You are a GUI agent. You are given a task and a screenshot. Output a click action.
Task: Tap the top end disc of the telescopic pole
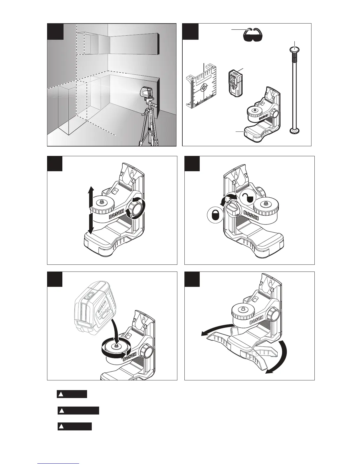pos(294,49)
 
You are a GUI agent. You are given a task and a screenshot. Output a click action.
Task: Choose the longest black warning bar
pos(78,410)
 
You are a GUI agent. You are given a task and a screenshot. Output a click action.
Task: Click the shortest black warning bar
pos(72,394)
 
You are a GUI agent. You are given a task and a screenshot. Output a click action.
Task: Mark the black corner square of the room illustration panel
pos(56,31)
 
